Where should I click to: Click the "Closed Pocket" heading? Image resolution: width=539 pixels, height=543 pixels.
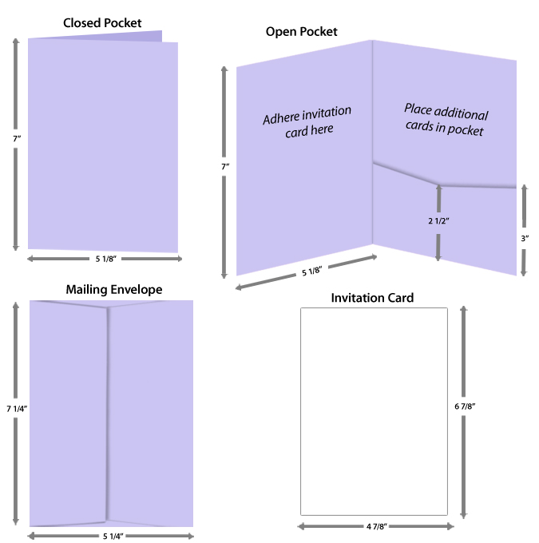102,23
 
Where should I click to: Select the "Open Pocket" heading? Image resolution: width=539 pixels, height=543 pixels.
301,32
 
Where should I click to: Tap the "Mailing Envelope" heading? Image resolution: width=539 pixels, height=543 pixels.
113,290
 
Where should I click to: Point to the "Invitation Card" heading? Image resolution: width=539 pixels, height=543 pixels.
372,298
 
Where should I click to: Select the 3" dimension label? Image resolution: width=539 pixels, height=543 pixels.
524,238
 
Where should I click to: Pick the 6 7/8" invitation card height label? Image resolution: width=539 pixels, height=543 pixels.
465,406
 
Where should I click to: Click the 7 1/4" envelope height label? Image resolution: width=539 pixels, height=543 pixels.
17,409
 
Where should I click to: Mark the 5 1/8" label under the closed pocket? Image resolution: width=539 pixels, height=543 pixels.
104,259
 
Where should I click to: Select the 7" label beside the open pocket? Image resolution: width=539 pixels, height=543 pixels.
225,166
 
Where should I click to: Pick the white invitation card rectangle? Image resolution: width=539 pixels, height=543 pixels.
373,411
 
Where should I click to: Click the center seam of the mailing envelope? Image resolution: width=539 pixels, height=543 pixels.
107,415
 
